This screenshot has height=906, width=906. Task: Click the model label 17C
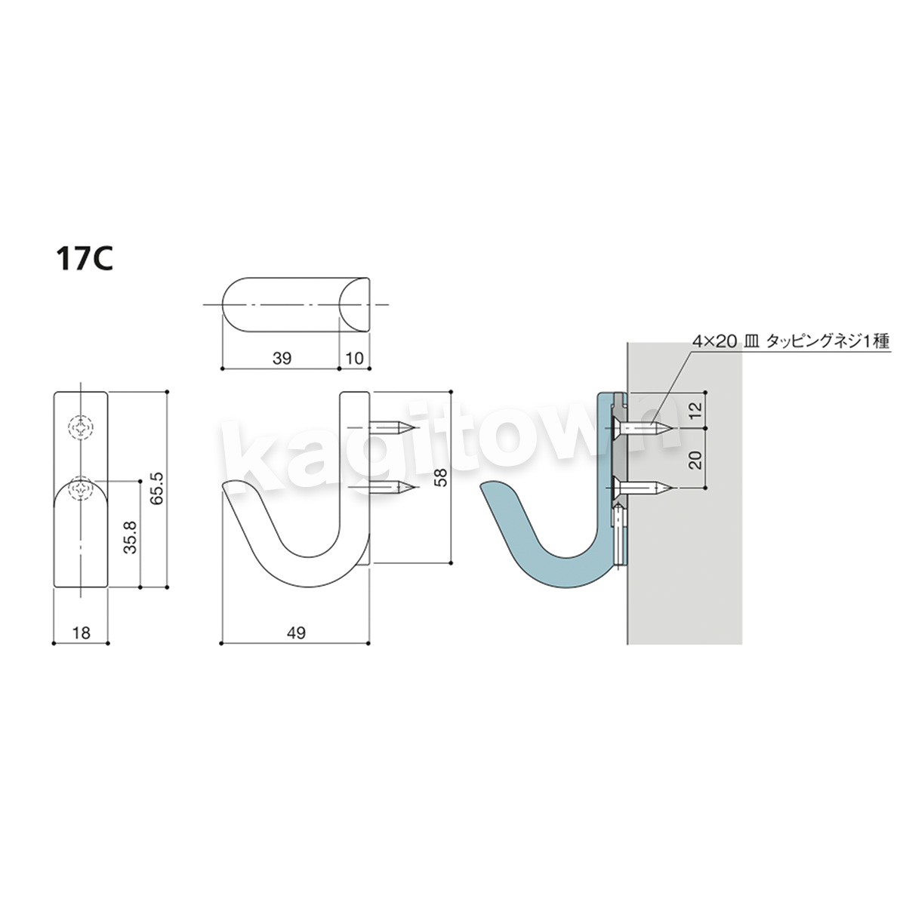coord(85,260)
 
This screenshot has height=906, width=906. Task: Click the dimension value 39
coord(282,359)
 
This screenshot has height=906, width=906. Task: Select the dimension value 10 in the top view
coord(355,359)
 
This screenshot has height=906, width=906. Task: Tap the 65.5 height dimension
coord(158,488)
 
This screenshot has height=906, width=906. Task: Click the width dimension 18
coord(82,633)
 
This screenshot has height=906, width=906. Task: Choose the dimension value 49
coord(296,633)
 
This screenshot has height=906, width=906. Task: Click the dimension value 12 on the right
coord(698,410)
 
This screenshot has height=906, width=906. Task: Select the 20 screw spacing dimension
coord(698,459)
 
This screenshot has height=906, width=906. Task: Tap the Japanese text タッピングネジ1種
coord(828,341)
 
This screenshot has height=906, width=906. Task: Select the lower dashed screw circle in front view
coord(81,488)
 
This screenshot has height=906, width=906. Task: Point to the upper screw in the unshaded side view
coord(393,427)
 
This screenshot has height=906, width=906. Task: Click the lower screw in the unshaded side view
coord(393,488)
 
